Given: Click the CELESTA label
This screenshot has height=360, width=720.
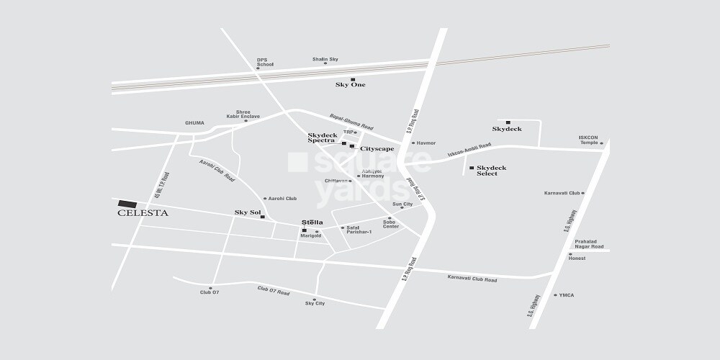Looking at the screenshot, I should pyautogui.click(x=143, y=213).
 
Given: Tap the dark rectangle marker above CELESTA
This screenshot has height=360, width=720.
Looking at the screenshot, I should pyautogui.click(x=127, y=204).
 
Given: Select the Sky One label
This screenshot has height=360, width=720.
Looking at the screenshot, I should pyautogui.click(x=351, y=85).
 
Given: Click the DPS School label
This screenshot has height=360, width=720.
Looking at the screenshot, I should pyautogui.click(x=265, y=62).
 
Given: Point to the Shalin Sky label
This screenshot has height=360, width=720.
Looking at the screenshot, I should pyautogui.click(x=325, y=59).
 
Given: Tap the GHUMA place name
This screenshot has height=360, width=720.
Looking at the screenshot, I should pyautogui.click(x=195, y=123).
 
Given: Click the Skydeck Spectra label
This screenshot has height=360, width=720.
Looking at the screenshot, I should pyautogui.click(x=322, y=138).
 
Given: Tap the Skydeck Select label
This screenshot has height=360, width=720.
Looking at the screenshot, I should pyautogui.click(x=491, y=171).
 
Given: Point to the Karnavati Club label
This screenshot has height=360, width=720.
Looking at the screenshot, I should pyautogui.click(x=562, y=193).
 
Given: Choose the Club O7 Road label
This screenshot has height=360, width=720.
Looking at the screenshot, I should pyautogui.click(x=273, y=292).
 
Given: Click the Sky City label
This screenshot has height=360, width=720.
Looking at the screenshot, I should pyautogui.click(x=315, y=304).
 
